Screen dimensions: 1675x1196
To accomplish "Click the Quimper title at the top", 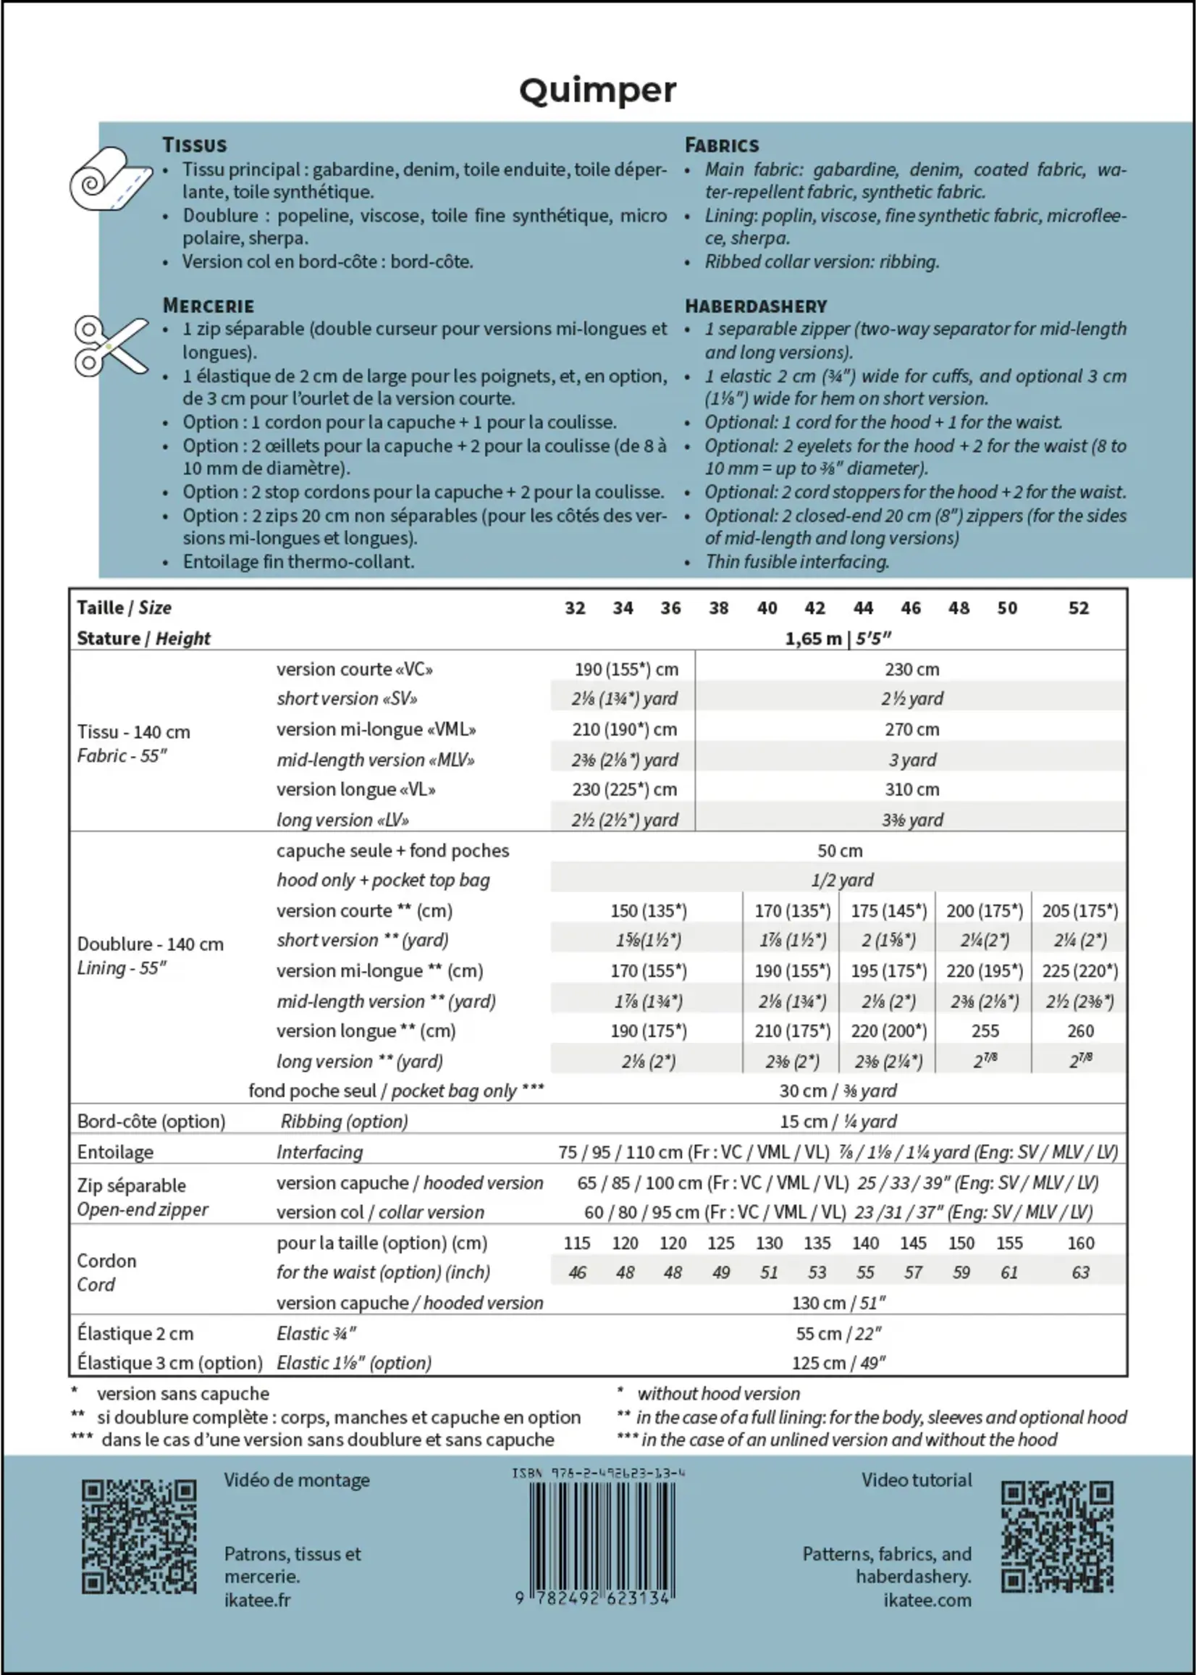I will click(597, 91).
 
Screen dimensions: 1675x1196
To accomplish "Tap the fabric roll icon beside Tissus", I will click(111, 179).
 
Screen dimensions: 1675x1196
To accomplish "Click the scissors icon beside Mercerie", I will click(111, 345).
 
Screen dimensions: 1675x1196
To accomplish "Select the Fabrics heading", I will click(721, 145).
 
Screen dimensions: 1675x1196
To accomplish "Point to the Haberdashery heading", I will click(756, 306).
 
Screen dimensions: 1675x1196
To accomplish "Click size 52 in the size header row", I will click(1078, 608).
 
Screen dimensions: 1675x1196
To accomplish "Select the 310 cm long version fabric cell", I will click(911, 789).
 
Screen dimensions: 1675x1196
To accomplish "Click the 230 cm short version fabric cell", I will click(911, 670).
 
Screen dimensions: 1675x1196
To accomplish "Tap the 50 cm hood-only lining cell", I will click(840, 851).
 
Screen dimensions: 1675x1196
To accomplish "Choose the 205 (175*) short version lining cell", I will click(1079, 911).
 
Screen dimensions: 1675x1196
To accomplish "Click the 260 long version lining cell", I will click(1080, 1031).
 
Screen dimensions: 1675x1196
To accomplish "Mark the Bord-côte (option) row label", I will click(151, 1121).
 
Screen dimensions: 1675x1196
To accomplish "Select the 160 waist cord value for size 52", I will click(1080, 1243).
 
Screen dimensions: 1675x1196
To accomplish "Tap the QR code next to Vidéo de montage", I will click(138, 1537).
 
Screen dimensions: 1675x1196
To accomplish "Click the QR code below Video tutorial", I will click(1057, 1537).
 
